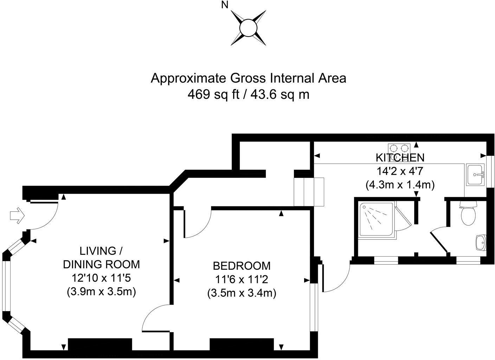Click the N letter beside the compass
(225, 5)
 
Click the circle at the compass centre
(248, 27)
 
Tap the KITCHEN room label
(400, 157)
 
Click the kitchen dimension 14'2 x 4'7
(400, 171)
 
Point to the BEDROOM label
(242, 265)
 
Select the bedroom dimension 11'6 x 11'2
(242, 279)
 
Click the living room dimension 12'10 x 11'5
(101, 278)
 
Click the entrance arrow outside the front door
(17, 216)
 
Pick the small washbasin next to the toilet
(481, 243)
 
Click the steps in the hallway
(309, 192)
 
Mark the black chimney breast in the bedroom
(242, 345)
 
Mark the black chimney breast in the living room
(100, 345)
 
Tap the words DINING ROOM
(101, 264)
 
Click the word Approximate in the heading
(189, 78)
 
